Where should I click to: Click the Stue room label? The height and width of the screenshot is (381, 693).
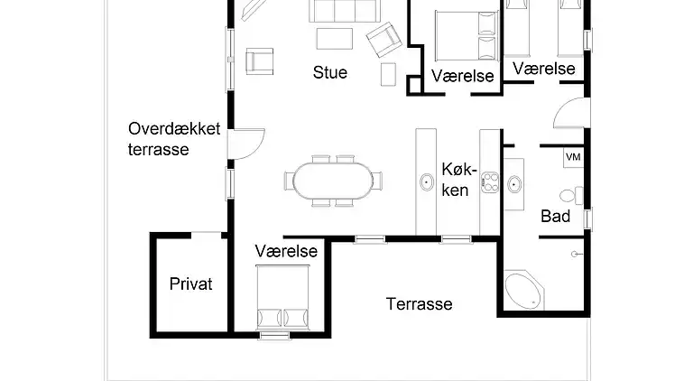(330, 73)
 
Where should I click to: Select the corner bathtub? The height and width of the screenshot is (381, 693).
(522, 292)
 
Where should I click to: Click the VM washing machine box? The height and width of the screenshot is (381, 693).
(572, 157)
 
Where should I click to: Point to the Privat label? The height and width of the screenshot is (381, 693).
(191, 284)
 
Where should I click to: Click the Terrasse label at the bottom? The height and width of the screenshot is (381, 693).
(420, 304)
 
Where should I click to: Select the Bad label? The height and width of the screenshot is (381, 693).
(555, 217)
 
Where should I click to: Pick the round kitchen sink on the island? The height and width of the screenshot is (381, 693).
(426, 183)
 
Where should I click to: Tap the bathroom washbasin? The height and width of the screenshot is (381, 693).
(513, 184)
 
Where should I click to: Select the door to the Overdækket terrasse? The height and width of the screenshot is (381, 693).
(246, 143)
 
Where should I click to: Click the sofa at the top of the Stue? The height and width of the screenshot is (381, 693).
(343, 11)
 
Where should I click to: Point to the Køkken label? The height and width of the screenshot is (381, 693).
(456, 179)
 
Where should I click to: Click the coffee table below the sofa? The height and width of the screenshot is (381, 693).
(334, 40)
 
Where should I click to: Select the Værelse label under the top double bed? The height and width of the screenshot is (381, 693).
(463, 75)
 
